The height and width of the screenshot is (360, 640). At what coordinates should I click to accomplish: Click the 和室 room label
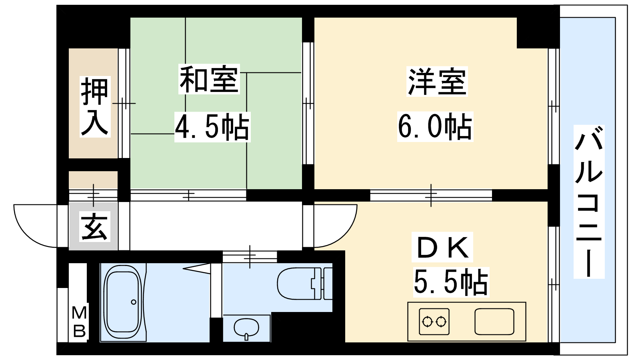tap(209, 79)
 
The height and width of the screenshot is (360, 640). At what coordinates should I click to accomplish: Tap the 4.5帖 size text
tap(212, 127)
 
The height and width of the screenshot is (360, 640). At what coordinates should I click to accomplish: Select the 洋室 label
tap(437, 82)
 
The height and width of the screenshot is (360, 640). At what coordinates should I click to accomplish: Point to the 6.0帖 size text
tap(435, 126)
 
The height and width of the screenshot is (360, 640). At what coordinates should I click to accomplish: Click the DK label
tap(442, 247)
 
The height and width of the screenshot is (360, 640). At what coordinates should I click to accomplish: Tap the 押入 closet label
tap(95, 106)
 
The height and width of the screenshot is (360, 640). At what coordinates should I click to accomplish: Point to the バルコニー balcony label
tap(589, 202)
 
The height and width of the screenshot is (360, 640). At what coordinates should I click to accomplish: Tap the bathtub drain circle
tap(134, 302)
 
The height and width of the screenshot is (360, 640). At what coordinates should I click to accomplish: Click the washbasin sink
tap(246, 328)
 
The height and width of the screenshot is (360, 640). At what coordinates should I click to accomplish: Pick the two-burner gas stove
tap(434, 322)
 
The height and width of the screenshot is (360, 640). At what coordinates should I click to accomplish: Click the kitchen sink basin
tap(494, 322)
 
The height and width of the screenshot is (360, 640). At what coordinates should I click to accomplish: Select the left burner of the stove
tap(427, 322)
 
